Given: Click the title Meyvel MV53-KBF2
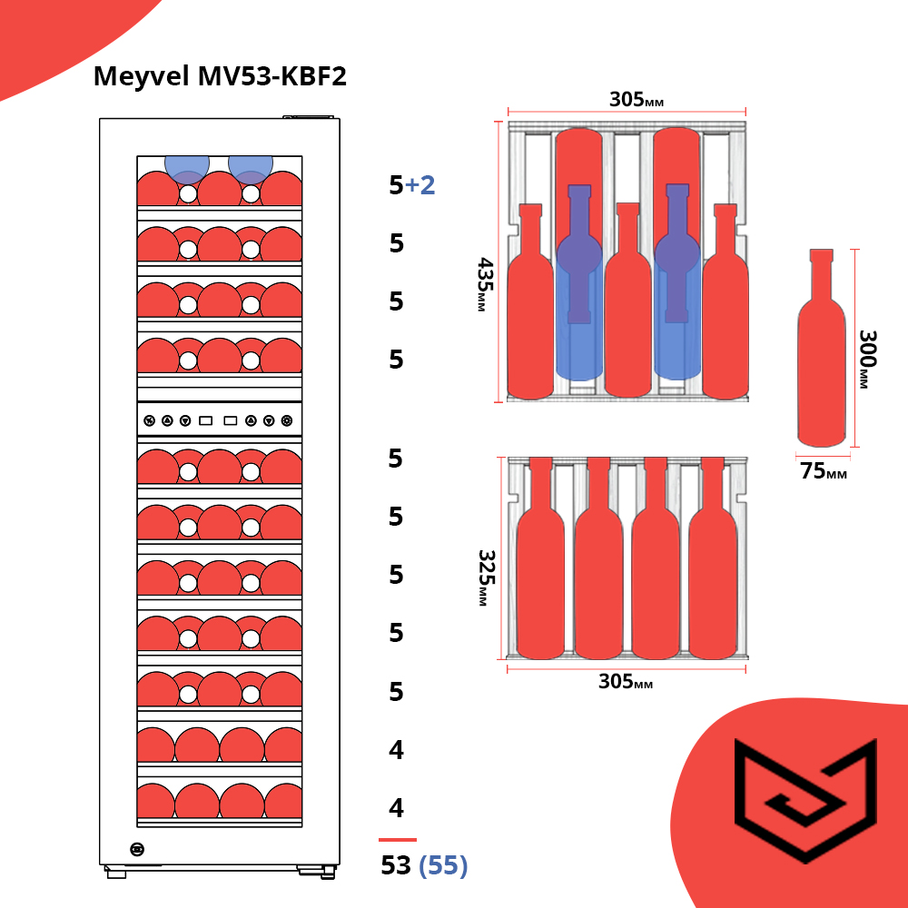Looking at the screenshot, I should pyautogui.click(x=220, y=77).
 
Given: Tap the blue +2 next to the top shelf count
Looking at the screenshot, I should pyautogui.click(x=420, y=185).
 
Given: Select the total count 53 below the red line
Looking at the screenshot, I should pyautogui.click(x=396, y=865).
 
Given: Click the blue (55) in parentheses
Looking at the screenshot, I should pyautogui.click(x=443, y=865).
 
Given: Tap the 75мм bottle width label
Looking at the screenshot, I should pyautogui.click(x=823, y=471).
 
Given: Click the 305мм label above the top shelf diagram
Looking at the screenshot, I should pyautogui.click(x=637, y=100).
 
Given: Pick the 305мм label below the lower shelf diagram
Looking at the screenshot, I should pyautogui.click(x=626, y=681).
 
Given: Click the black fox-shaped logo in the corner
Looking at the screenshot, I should pyautogui.click(x=805, y=799).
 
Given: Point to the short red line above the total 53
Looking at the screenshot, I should pyautogui.click(x=398, y=840).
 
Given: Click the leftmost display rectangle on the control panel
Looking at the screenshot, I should pyautogui.click(x=206, y=420).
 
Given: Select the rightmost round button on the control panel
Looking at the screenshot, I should pyautogui.click(x=287, y=420).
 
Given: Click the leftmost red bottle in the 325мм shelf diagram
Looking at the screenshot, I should pyautogui.click(x=539, y=563).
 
